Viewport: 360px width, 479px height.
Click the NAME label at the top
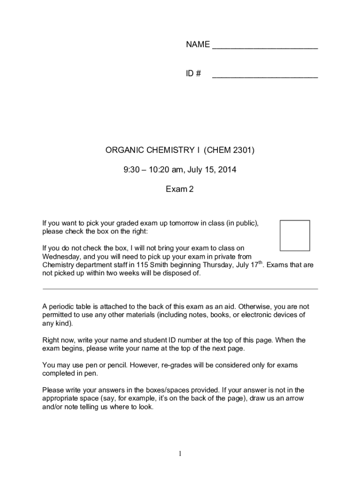pos(197,45)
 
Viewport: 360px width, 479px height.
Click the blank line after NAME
pos(265,48)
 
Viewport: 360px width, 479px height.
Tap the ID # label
pos(194,74)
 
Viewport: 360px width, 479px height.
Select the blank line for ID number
pos(265,77)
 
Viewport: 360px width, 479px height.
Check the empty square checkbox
pos(295,235)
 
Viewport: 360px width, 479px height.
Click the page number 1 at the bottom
pos(180,453)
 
